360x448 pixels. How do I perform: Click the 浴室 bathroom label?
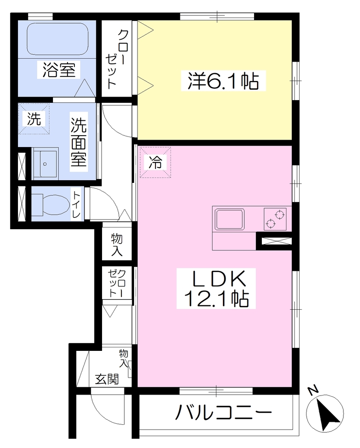coord(59,70)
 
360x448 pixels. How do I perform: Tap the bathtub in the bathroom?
coord(57,39)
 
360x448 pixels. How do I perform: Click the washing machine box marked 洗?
coord(34,119)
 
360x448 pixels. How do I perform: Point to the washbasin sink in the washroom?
coord(45,164)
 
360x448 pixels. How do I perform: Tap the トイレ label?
coord(76,204)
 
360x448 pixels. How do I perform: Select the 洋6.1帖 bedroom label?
coord(223,81)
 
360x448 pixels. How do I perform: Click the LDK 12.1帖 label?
coord(216,288)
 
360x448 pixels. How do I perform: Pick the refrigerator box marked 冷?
coord(155,162)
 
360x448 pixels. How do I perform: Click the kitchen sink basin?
coord(230,219)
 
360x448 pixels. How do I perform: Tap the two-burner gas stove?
coord(275,219)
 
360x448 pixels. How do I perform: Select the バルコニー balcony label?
coord(223,412)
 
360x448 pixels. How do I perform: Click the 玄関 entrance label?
coord(107,379)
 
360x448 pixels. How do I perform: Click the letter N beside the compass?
coord(313,390)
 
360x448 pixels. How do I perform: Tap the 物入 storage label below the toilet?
coord(117,245)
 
